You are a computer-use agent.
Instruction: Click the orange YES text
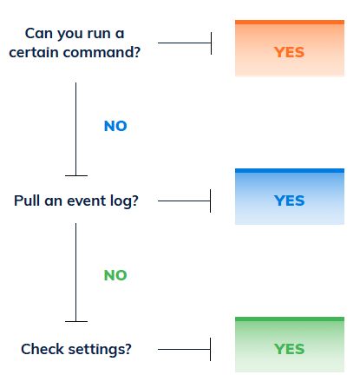click(289, 52)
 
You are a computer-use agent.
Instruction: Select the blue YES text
click(289, 201)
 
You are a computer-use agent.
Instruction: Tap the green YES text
click(289, 349)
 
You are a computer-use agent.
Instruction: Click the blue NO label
click(115, 126)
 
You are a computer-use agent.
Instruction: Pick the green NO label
click(115, 275)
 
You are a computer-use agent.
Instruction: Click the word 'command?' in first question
click(101, 53)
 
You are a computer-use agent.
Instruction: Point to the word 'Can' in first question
click(39, 33)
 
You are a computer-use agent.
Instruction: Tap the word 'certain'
click(34, 53)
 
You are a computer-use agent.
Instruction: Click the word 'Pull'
click(27, 201)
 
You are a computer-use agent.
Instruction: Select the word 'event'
click(86, 201)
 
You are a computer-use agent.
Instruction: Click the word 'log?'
click(124, 201)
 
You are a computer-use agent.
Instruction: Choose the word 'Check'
click(43, 349)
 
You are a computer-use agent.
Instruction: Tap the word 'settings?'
click(100, 350)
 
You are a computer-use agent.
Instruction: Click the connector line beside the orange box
click(185, 43)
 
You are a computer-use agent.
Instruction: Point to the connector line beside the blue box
click(184, 201)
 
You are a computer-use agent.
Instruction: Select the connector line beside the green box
click(184, 349)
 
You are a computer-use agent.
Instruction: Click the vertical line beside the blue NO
click(76, 129)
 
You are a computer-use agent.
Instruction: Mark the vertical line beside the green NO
click(76, 273)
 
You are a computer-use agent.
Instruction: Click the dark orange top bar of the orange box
click(290, 22)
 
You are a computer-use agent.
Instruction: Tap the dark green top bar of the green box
click(290, 319)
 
